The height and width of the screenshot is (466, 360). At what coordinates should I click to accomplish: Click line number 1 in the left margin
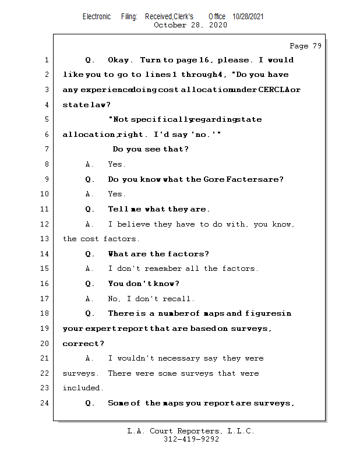[x=46, y=60]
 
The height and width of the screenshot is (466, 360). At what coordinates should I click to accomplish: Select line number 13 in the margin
[x=45, y=239]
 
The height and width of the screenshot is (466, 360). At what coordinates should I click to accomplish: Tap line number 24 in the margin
[x=45, y=403]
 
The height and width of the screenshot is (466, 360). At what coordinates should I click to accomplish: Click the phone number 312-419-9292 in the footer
[x=191, y=439]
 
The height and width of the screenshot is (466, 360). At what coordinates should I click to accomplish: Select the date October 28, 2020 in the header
[x=190, y=25]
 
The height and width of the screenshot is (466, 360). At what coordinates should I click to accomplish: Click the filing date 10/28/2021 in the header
[x=248, y=16]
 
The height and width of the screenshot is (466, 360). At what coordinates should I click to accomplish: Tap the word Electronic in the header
[x=97, y=16]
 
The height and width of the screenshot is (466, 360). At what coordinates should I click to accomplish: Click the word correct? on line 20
[x=83, y=344]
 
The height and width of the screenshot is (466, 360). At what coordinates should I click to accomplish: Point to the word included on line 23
[x=83, y=388]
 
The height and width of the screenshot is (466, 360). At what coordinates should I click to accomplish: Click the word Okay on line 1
[x=121, y=60]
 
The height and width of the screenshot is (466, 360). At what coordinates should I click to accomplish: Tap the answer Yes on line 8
[x=117, y=164]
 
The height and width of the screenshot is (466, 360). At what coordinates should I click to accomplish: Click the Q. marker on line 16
[x=90, y=284]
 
